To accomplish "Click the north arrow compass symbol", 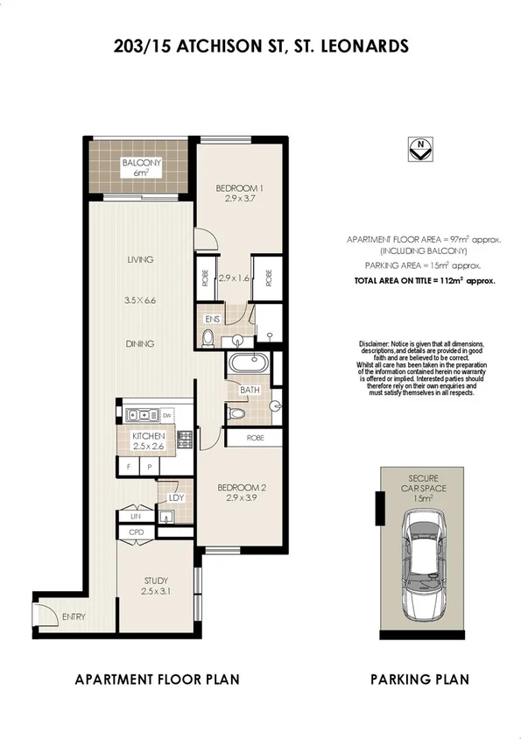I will coord(422,148).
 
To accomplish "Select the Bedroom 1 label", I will coord(239,188).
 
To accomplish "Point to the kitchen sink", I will coord(140,415).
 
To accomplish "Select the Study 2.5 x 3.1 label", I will coord(156,586).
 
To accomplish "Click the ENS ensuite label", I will coord(211,320).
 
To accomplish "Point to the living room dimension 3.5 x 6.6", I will coord(139,300).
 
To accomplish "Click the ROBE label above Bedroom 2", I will coord(255,436).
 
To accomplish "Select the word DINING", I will coord(139,343).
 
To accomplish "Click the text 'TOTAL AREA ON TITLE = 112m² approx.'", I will coord(425,281).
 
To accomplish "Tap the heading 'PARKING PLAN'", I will coord(419,679).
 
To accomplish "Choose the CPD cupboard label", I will coord(136,532).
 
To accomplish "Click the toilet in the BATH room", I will coord(235,412).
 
